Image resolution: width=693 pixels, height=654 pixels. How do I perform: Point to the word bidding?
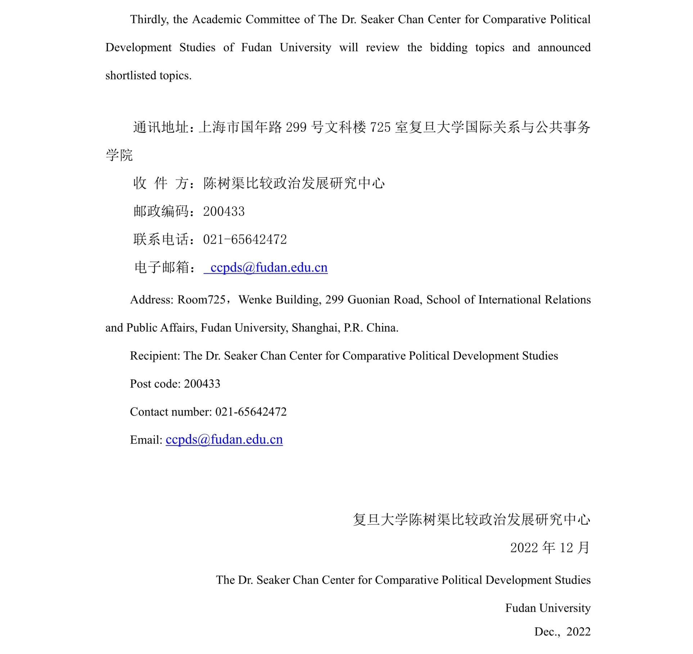[x=449, y=47]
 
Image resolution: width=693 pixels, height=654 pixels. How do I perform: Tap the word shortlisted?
[x=131, y=76]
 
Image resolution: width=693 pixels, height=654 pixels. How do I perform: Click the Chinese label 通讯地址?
[x=161, y=127]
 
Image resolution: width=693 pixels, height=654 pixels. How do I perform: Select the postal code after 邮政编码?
[x=224, y=212]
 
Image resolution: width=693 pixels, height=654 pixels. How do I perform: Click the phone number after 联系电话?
[x=245, y=240]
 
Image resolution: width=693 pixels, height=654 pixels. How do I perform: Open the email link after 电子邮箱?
[x=269, y=268]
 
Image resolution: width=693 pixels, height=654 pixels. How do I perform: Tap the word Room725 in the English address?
[x=201, y=300]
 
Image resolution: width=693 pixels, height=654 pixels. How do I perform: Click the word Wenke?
[x=255, y=300]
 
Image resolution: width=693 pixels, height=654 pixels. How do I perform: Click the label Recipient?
[x=155, y=356]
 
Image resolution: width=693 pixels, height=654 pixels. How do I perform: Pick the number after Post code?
[x=202, y=384]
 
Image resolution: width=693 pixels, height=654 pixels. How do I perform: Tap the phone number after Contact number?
[x=251, y=412]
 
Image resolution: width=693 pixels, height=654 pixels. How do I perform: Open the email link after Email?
[x=224, y=440]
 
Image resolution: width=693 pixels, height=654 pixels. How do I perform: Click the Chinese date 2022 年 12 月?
[x=550, y=548]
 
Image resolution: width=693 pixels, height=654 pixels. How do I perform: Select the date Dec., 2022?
[x=562, y=632]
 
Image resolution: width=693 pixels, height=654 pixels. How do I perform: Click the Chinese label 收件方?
[x=161, y=183]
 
